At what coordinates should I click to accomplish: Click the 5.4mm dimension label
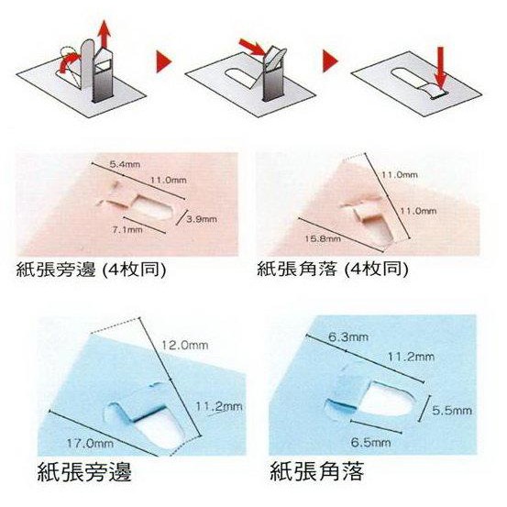tap(125, 164)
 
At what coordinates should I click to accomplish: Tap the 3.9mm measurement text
tap(202, 219)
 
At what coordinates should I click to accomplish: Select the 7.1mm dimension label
tap(127, 230)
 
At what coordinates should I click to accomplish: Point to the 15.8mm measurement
tap(323, 239)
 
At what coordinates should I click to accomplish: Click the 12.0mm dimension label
tap(184, 346)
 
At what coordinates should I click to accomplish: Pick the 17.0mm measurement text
tap(90, 443)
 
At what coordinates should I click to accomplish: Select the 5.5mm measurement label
tap(452, 411)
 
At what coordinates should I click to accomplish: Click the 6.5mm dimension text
tap(371, 442)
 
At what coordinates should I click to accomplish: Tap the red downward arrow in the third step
tap(440, 69)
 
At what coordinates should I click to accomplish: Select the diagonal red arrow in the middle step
tap(256, 48)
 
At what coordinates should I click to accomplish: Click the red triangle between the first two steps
tap(164, 61)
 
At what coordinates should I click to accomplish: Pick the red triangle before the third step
tap(330, 61)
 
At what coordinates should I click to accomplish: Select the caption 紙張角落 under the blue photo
tap(317, 472)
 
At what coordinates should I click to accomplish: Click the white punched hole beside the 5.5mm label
tap(386, 399)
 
